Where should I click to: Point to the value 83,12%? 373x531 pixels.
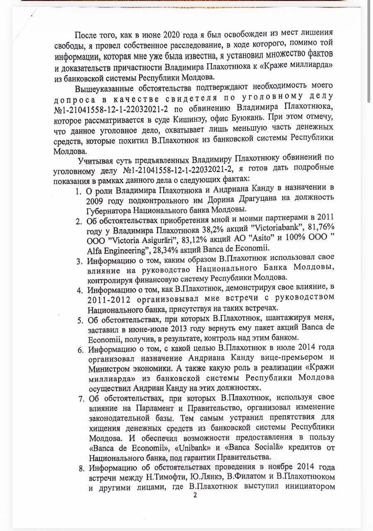(x=198, y=239)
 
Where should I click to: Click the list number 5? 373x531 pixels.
(x=80, y=320)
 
